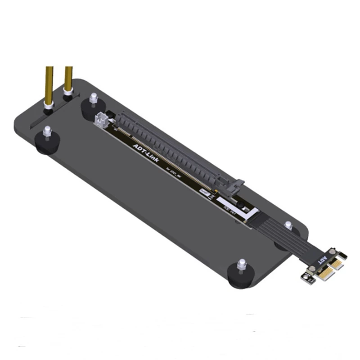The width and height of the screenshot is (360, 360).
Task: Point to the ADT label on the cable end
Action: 323,260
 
